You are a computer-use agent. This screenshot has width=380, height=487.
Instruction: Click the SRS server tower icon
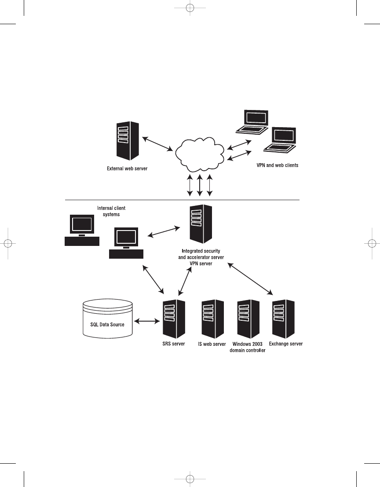(x=173, y=318)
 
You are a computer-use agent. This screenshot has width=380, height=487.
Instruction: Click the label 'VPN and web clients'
(x=278, y=165)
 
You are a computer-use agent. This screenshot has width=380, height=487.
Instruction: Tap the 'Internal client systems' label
(x=113, y=211)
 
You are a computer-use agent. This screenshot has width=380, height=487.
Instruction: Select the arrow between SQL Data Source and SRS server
(x=147, y=322)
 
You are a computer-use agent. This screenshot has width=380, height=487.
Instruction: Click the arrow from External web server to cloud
(x=157, y=143)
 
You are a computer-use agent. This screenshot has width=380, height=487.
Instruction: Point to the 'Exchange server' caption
(x=285, y=344)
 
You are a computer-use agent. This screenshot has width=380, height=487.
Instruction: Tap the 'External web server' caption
(x=128, y=168)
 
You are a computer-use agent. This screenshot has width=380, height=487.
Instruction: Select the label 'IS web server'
(x=212, y=344)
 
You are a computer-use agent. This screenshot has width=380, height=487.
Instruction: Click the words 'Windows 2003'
(x=248, y=344)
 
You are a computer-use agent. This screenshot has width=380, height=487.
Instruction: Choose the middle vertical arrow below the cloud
(x=200, y=185)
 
